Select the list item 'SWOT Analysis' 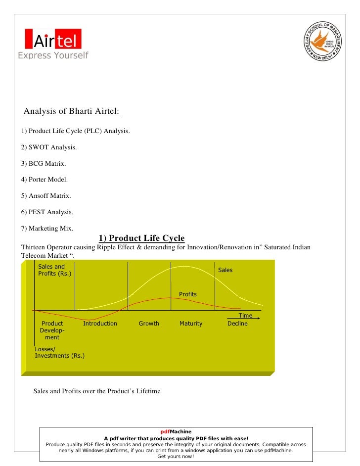click(49, 147)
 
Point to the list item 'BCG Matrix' click(44, 163)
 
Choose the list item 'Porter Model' click(45, 180)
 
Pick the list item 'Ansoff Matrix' click(46, 196)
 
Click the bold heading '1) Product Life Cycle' click(142, 238)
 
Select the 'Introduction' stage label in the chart click(100, 324)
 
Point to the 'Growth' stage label click(149, 324)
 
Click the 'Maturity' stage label click(191, 324)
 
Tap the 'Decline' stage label click(237, 324)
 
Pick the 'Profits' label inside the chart click(188, 294)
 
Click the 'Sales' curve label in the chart click(225, 270)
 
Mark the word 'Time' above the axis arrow click(245, 316)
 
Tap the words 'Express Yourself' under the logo click(53, 55)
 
